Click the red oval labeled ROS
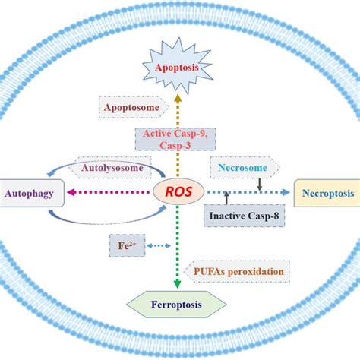click(x=179, y=193)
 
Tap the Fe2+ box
click(x=122, y=246)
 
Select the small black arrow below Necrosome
click(x=260, y=182)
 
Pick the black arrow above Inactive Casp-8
click(x=227, y=200)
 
